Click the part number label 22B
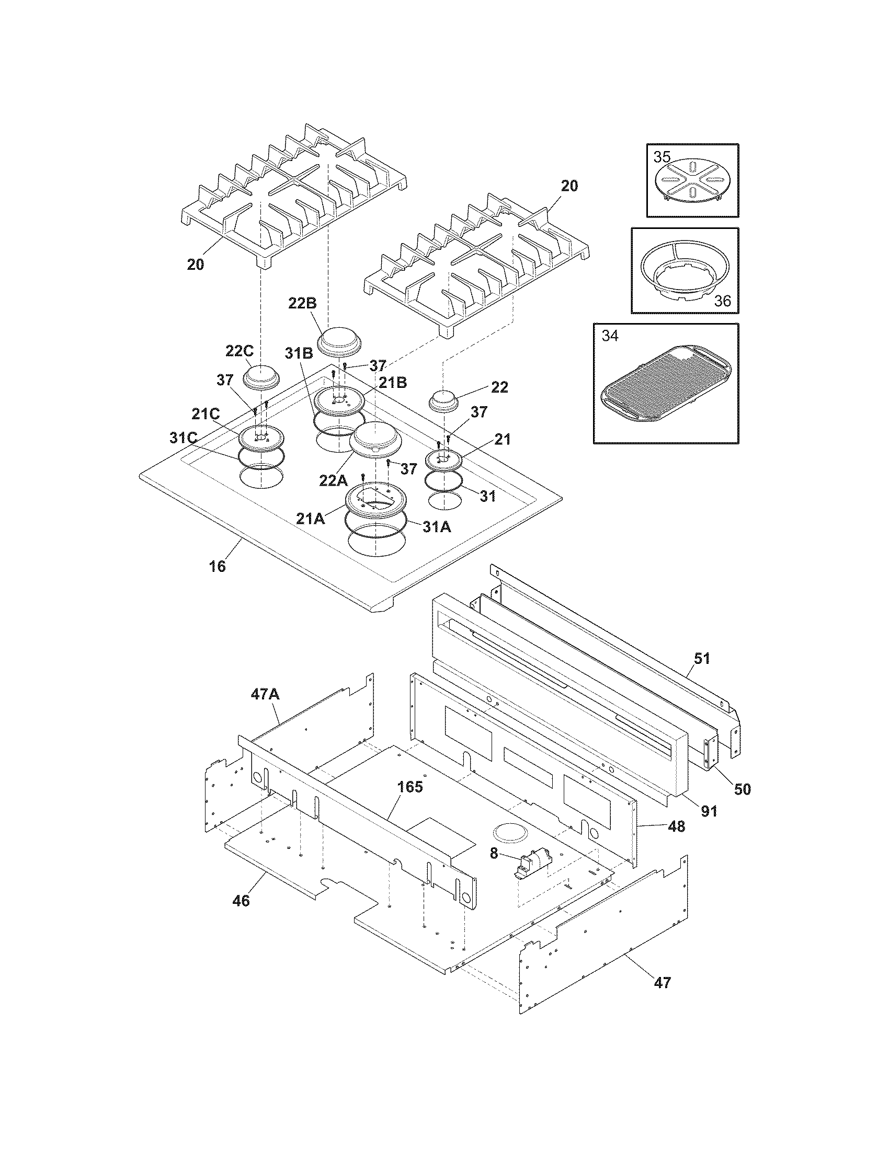tap(302, 303)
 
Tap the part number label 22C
tap(241, 352)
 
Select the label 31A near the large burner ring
tap(437, 526)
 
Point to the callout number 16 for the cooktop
tap(218, 567)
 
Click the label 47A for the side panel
tap(265, 695)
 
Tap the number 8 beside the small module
tap(494, 853)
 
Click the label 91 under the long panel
tap(710, 811)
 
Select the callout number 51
tap(702, 658)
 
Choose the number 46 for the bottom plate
tap(241, 901)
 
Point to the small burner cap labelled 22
tap(444, 402)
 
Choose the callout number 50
tap(742, 789)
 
